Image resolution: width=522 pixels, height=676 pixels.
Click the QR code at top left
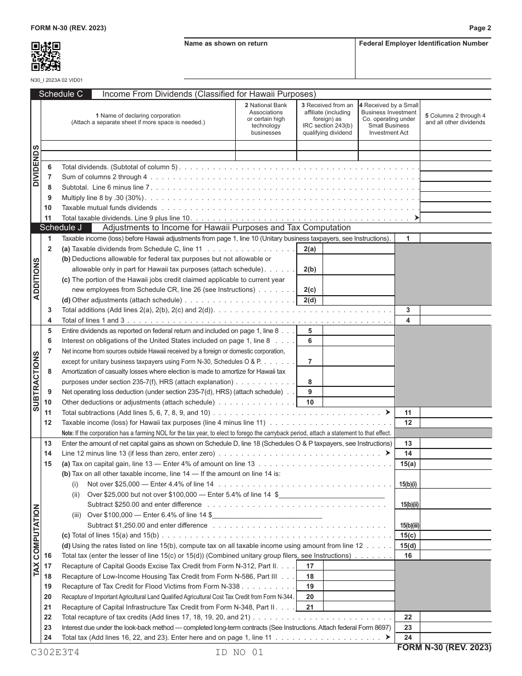pyautogui.click(x=46, y=57)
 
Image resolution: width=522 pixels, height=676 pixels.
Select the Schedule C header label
pyautogui.click(x=61, y=94)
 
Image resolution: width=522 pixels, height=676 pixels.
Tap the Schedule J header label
pyautogui.click(x=61, y=228)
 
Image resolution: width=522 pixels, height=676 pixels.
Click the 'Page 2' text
pyautogui.click(x=480, y=28)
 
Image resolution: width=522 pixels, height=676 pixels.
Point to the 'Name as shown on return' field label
pyautogui.click(x=226, y=44)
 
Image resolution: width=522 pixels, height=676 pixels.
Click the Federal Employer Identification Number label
pyautogui.click(x=423, y=44)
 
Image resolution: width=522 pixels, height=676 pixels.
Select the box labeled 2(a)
pyautogui.click(x=309, y=249)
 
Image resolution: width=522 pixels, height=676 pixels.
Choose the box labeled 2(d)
pyautogui.click(x=309, y=300)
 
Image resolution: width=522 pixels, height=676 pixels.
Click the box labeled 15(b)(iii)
pyautogui.click(x=408, y=525)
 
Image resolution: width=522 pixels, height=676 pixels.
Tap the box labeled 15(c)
pyautogui.click(x=408, y=535)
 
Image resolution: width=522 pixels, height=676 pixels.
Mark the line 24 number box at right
pyautogui.click(x=408, y=638)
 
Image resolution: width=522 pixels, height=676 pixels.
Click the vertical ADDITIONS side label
pyautogui.click(x=37, y=278)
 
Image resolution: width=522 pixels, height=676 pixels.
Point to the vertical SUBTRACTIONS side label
pyautogui.click(x=37, y=381)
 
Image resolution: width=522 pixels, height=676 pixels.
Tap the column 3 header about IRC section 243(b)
pyautogui.click(x=327, y=119)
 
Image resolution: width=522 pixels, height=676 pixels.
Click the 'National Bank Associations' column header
pyautogui.click(x=265, y=119)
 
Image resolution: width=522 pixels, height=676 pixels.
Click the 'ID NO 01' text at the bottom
pyautogui.click(x=240, y=652)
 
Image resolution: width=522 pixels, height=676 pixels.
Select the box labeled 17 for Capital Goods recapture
pyautogui.click(x=309, y=566)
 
